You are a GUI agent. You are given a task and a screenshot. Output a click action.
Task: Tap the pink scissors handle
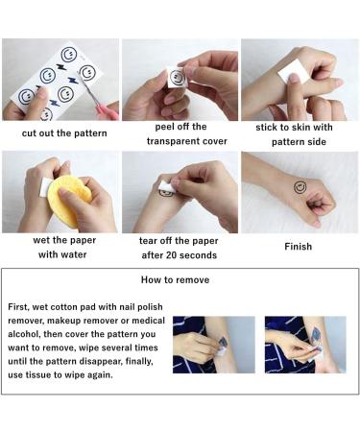pos(108,109)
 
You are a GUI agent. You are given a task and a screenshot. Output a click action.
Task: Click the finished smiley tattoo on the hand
pos(300,187)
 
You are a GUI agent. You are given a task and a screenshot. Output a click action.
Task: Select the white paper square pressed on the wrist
pos(294,72)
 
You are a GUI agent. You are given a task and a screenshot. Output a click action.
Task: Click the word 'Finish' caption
pos(298,247)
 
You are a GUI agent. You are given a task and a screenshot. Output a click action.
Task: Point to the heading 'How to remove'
pos(176,279)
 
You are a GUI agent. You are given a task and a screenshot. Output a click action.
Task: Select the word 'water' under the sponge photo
pos(76,254)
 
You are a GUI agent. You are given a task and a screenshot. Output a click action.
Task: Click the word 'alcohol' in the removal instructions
pos(24,334)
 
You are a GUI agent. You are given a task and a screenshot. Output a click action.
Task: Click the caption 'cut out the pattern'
pos(64,133)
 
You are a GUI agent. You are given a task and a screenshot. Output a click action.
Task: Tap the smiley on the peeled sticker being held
pos(177,78)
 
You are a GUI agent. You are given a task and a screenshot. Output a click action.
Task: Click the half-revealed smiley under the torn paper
pos(166,192)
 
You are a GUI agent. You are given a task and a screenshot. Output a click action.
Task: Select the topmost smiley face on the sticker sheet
pos(69,55)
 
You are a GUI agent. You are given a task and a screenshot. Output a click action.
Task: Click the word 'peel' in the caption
pos(164,127)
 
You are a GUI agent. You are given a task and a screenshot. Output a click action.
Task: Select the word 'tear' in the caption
pos(148,241)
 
